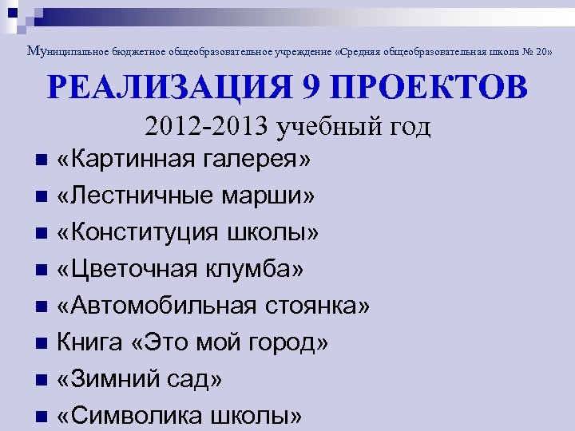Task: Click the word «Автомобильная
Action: tap(157, 306)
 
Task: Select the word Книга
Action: tap(88, 342)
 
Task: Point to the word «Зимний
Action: tap(108, 379)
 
